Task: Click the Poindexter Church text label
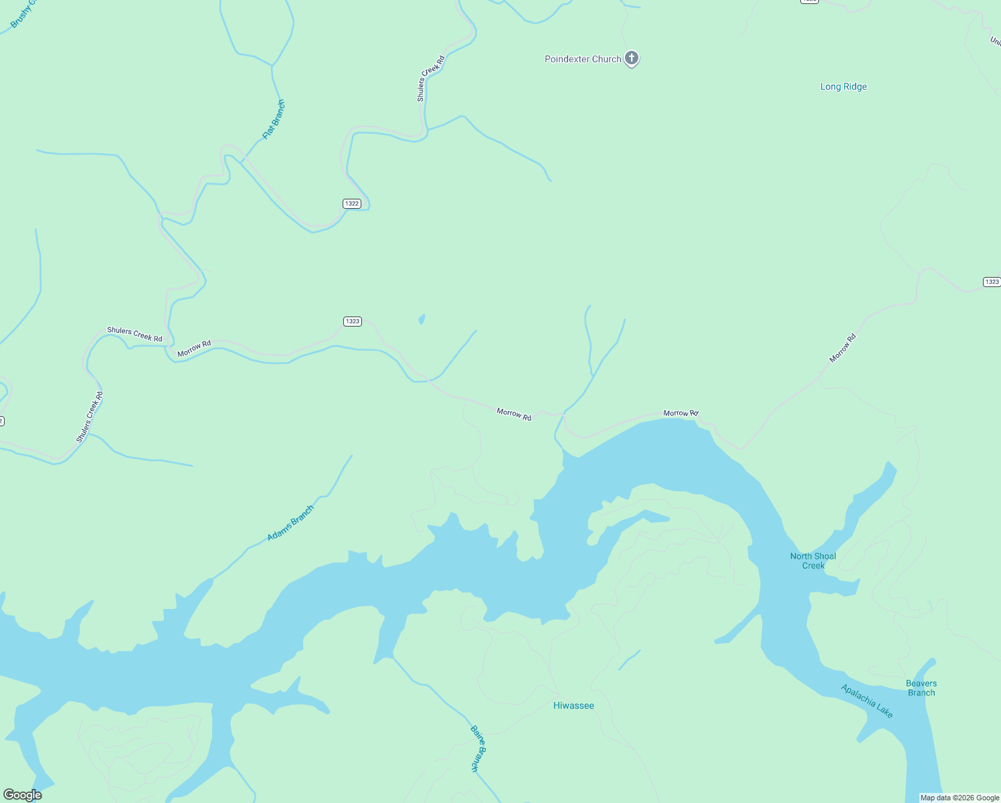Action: point(583,59)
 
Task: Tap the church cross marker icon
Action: point(631,58)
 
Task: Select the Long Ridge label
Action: point(843,86)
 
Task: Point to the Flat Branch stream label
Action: point(274,119)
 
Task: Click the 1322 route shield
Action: point(352,203)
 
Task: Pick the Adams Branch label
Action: point(290,523)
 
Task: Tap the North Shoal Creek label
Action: point(813,561)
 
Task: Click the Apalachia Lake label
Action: point(867,701)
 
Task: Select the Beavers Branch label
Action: point(921,688)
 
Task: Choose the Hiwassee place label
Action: point(573,705)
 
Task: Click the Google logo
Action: point(23,795)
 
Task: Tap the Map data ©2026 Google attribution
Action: point(960,798)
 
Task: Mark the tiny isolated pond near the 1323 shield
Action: point(422,319)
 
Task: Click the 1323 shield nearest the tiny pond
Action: point(353,321)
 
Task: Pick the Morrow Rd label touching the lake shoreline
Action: point(680,414)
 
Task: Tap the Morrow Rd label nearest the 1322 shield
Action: point(194,348)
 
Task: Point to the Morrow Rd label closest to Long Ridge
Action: point(842,348)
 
